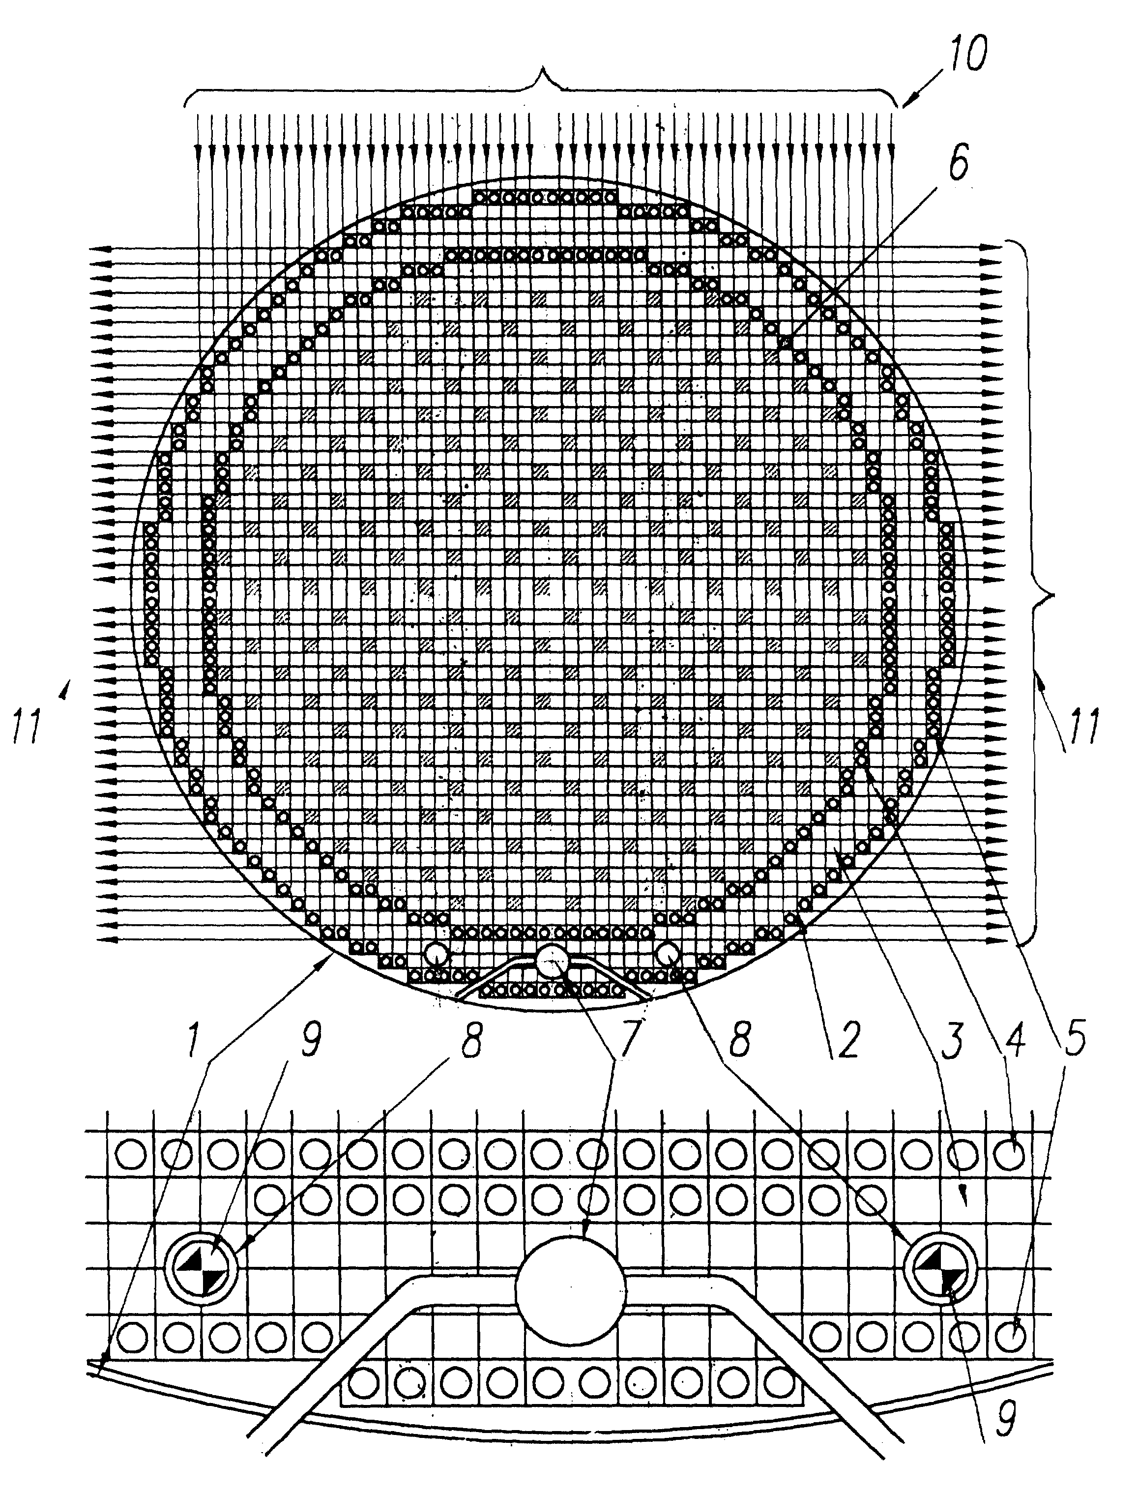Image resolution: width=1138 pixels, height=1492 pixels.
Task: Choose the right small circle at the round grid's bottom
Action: (669, 954)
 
